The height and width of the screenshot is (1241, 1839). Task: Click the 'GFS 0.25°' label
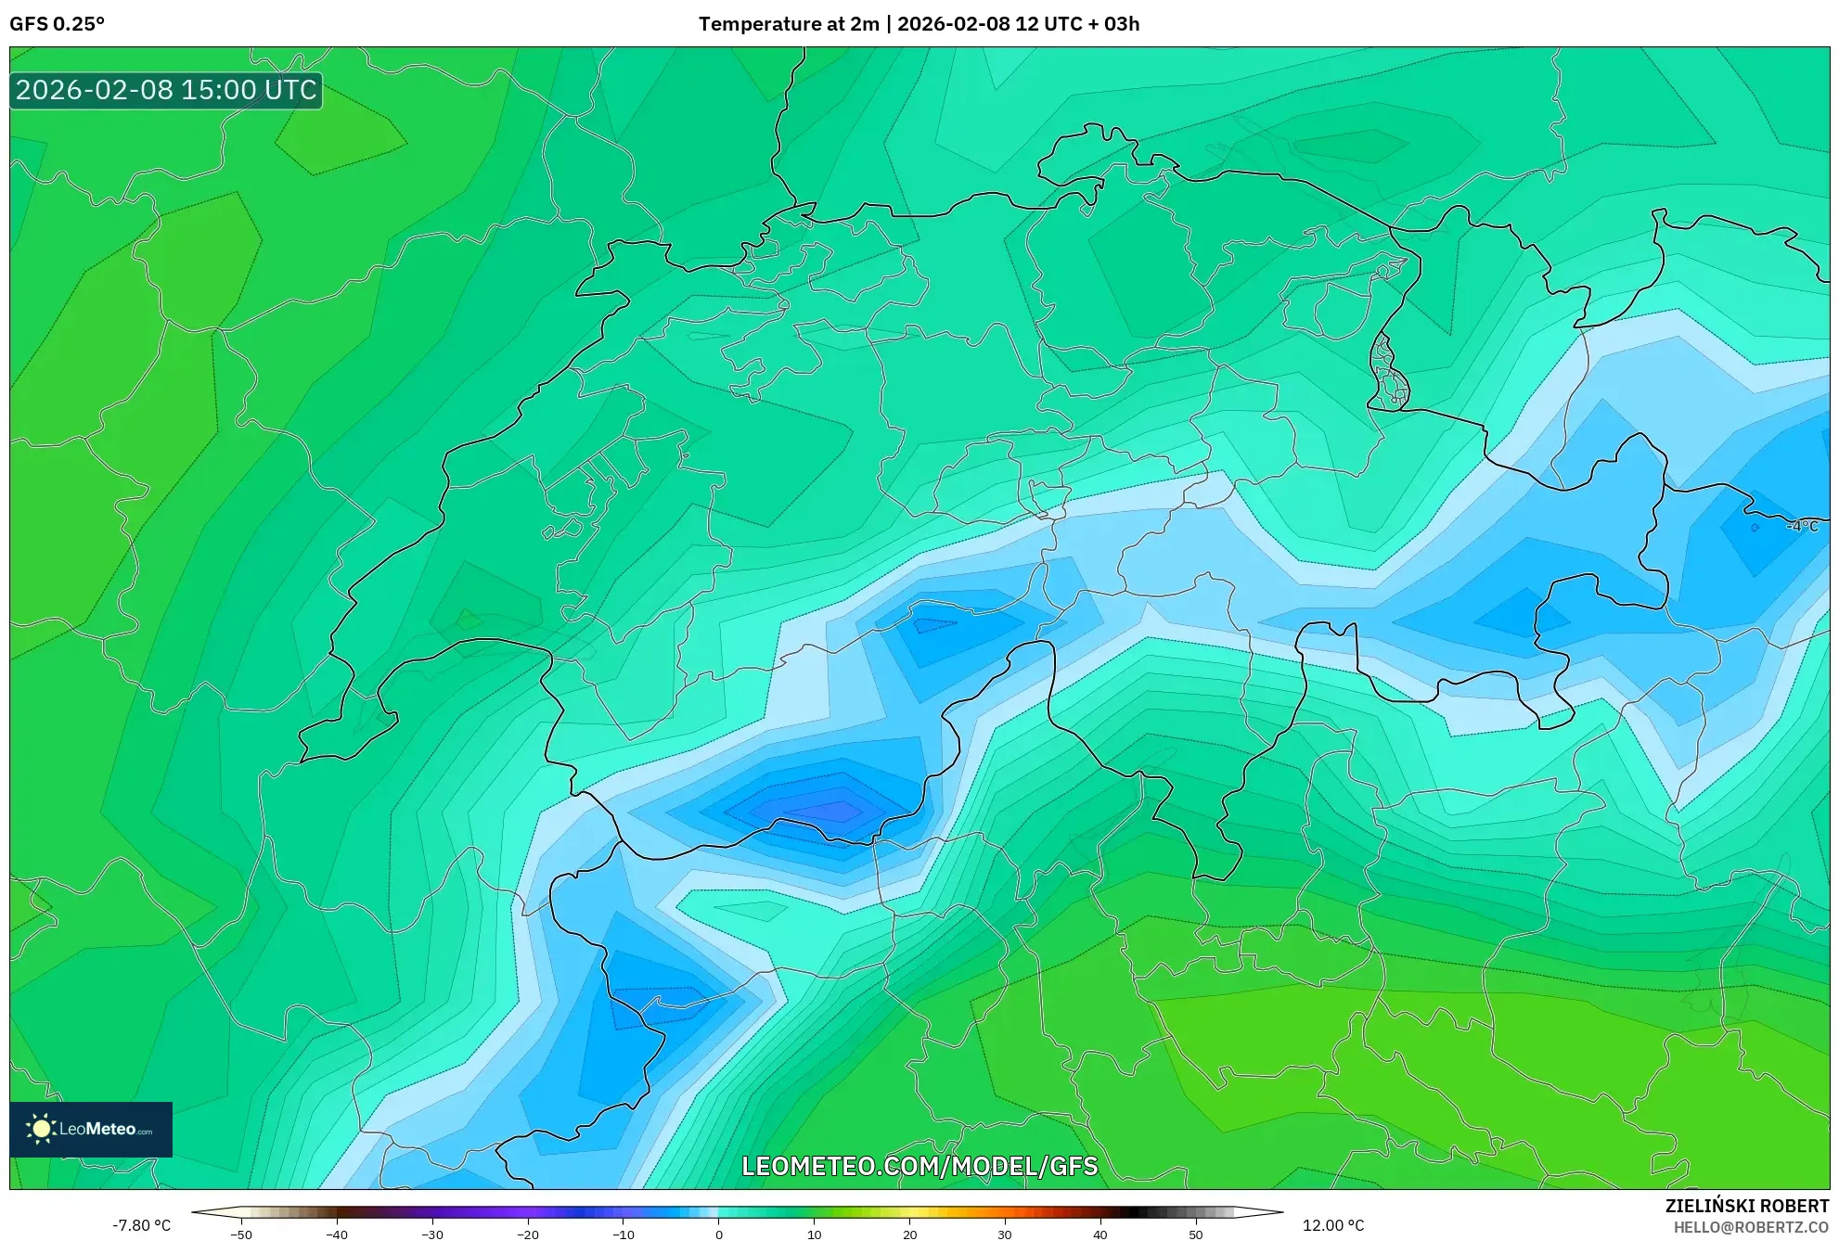pyautogui.click(x=58, y=24)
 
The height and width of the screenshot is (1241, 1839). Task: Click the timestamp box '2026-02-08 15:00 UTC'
pyautogui.click(x=166, y=90)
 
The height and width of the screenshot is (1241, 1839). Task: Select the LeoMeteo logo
pyautogui.click(x=91, y=1129)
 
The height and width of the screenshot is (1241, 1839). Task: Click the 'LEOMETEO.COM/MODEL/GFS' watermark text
pyautogui.click(x=919, y=1166)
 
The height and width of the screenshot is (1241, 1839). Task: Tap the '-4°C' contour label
pyautogui.click(x=1803, y=526)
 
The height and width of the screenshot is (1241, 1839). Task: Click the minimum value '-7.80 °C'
pyautogui.click(x=142, y=1225)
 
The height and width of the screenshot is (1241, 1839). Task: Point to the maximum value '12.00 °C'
pyautogui.click(x=1333, y=1225)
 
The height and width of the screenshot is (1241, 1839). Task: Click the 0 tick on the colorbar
pyautogui.click(x=719, y=1235)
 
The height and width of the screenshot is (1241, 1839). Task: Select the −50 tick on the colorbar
pyautogui.click(x=241, y=1235)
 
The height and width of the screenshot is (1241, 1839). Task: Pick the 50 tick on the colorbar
pyautogui.click(x=1196, y=1235)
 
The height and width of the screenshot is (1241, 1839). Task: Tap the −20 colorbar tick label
pyautogui.click(x=528, y=1235)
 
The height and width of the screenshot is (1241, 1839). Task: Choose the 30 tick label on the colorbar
pyautogui.click(x=1005, y=1235)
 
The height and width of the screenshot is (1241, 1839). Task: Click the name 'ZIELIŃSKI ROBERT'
pyautogui.click(x=1747, y=1206)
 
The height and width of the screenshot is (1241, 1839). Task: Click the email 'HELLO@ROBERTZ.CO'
pyautogui.click(x=1751, y=1227)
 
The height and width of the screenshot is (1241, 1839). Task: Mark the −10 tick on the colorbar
pyautogui.click(x=624, y=1235)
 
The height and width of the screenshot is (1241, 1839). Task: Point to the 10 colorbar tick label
pyautogui.click(x=815, y=1235)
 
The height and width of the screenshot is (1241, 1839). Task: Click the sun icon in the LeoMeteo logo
pyautogui.click(x=42, y=1129)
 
